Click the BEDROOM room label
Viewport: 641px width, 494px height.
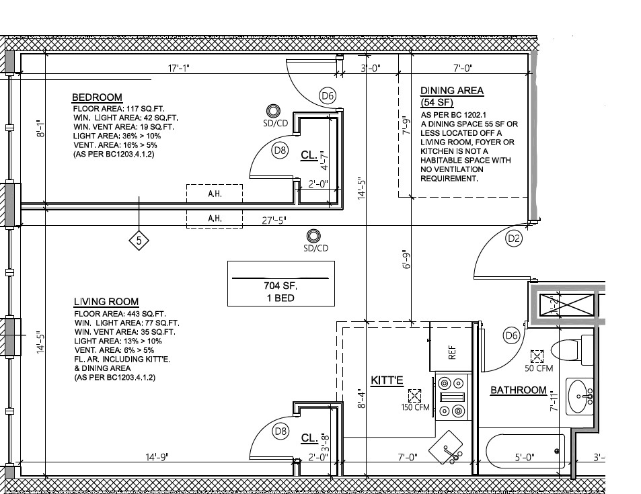[x=97, y=97]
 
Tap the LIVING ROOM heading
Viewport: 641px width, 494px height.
[x=106, y=302]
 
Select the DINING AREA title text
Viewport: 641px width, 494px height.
[x=451, y=91]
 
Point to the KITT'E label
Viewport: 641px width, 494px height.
[x=387, y=380]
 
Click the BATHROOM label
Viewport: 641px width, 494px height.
[x=518, y=390]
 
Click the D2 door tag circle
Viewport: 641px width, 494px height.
[x=514, y=239]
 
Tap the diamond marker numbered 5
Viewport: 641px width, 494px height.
[x=139, y=240]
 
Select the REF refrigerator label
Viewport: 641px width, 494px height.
[x=452, y=352]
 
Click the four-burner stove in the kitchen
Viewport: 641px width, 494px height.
[x=451, y=397]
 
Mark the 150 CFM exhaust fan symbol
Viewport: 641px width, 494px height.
[x=414, y=394]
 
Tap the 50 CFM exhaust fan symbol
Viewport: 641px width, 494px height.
[x=537, y=356]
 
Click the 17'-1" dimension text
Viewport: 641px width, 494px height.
[x=180, y=67]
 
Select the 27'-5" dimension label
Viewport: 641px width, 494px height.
[x=274, y=220]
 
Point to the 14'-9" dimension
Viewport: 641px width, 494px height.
[x=156, y=457]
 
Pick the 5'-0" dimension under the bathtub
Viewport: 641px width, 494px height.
[x=525, y=458]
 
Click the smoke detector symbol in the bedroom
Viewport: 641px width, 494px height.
[x=274, y=111]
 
